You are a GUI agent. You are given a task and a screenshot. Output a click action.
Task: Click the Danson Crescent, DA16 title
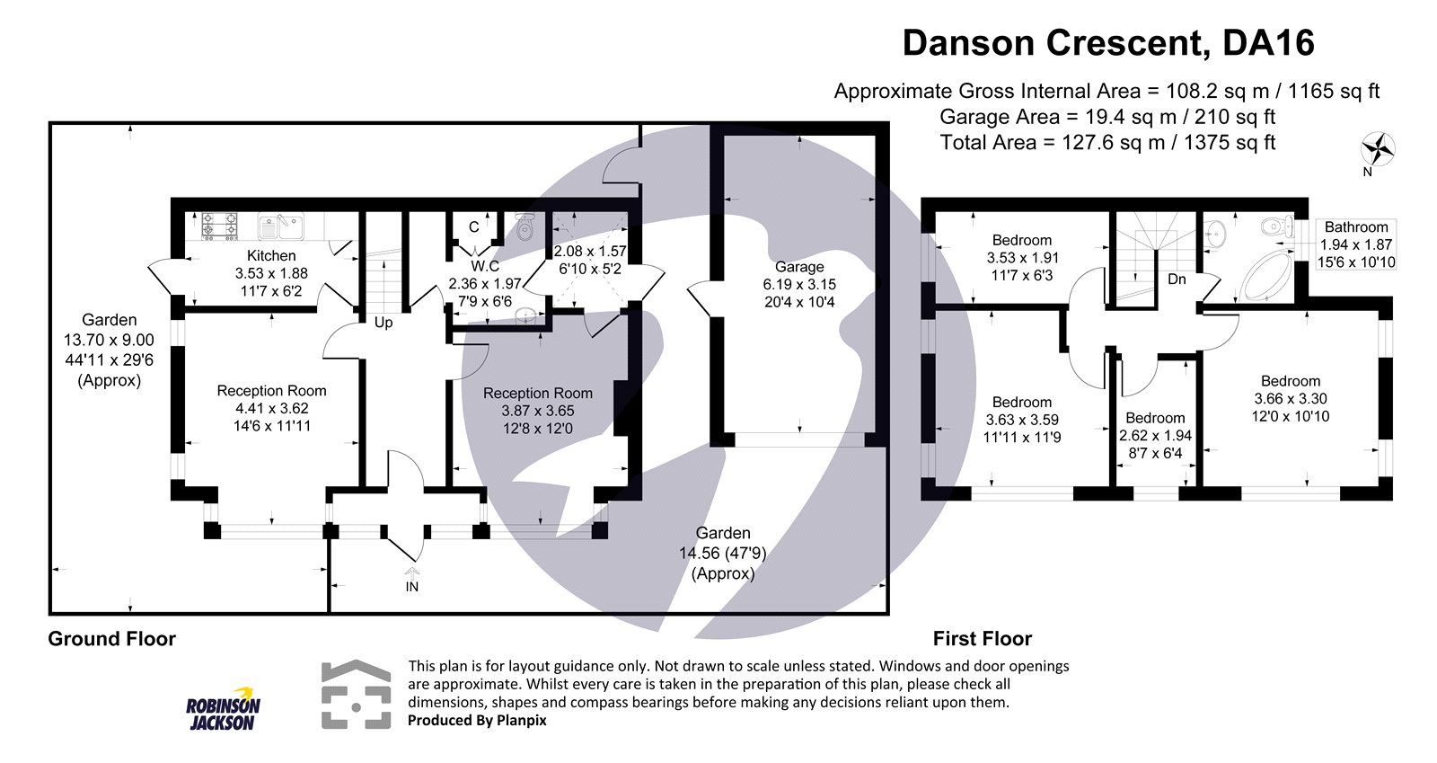click(x=1108, y=44)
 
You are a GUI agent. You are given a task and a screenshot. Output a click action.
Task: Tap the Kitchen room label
click(x=271, y=255)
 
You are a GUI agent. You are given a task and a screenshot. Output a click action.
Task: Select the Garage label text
click(x=799, y=267)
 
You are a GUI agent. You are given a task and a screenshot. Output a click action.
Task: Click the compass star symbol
click(x=1378, y=149)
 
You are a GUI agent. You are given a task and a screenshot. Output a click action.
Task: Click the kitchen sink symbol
click(x=280, y=226)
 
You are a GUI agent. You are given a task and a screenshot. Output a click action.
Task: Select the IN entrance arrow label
click(x=412, y=587)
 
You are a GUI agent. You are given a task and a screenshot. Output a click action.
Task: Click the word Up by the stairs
click(x=383, y=322)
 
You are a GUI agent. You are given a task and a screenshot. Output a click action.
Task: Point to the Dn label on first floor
click(x=1177, y=279)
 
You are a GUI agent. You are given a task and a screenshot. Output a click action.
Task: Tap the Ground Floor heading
click(x=112, y=638)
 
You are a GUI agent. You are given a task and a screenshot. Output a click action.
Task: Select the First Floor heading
click(x=983, y=638)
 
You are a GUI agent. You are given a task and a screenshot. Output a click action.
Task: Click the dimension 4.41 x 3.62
click(x=272, y=408)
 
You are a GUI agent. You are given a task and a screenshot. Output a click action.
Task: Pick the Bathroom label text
click(x=1356, y=227)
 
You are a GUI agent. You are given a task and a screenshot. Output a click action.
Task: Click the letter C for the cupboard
click(x=473, y=227)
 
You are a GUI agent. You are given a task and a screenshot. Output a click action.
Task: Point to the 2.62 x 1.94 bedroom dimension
click(x=1155, y=436)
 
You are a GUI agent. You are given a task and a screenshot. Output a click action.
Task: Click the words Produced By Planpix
click(x=477, y=720)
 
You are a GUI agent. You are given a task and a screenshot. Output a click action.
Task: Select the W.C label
click(x=485, y=266)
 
